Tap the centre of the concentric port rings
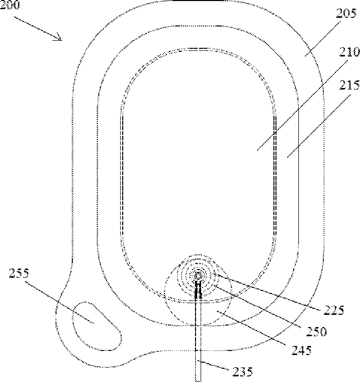point(198,275)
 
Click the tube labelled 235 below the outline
point(198,356)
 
